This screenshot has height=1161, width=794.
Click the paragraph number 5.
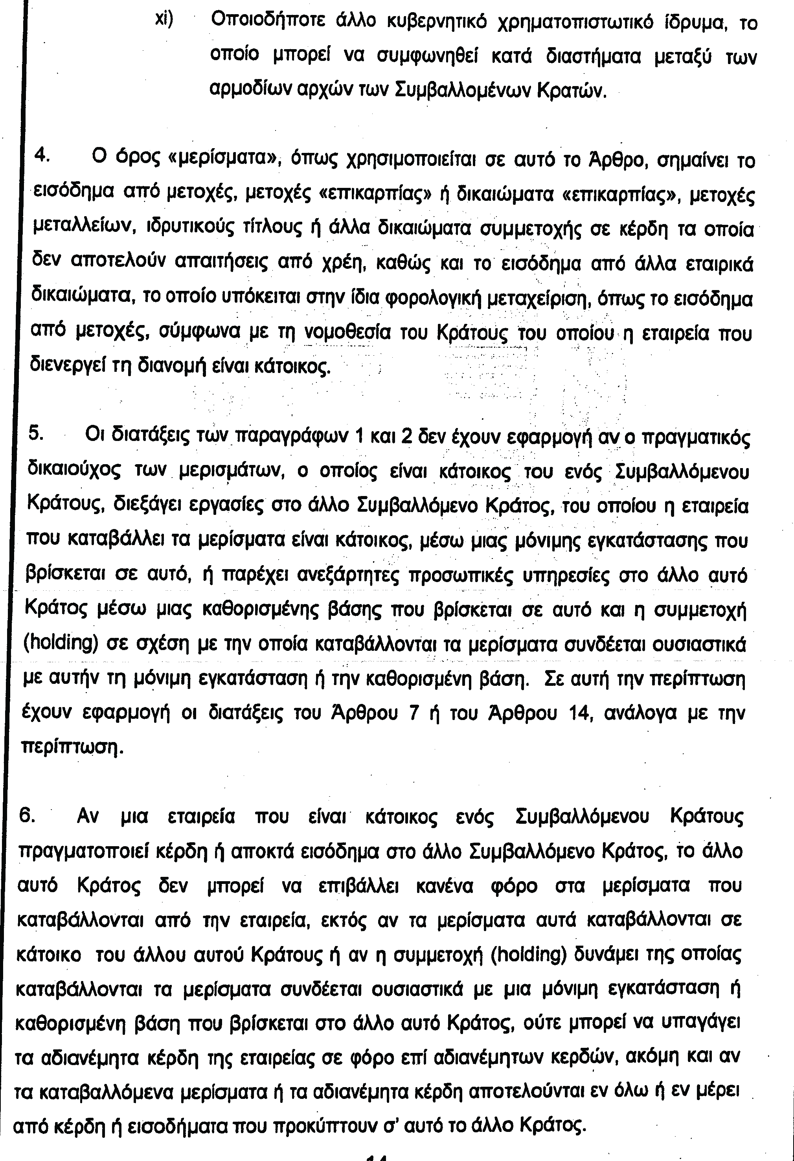[36, 433]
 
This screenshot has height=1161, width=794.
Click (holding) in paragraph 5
[61, 644]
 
